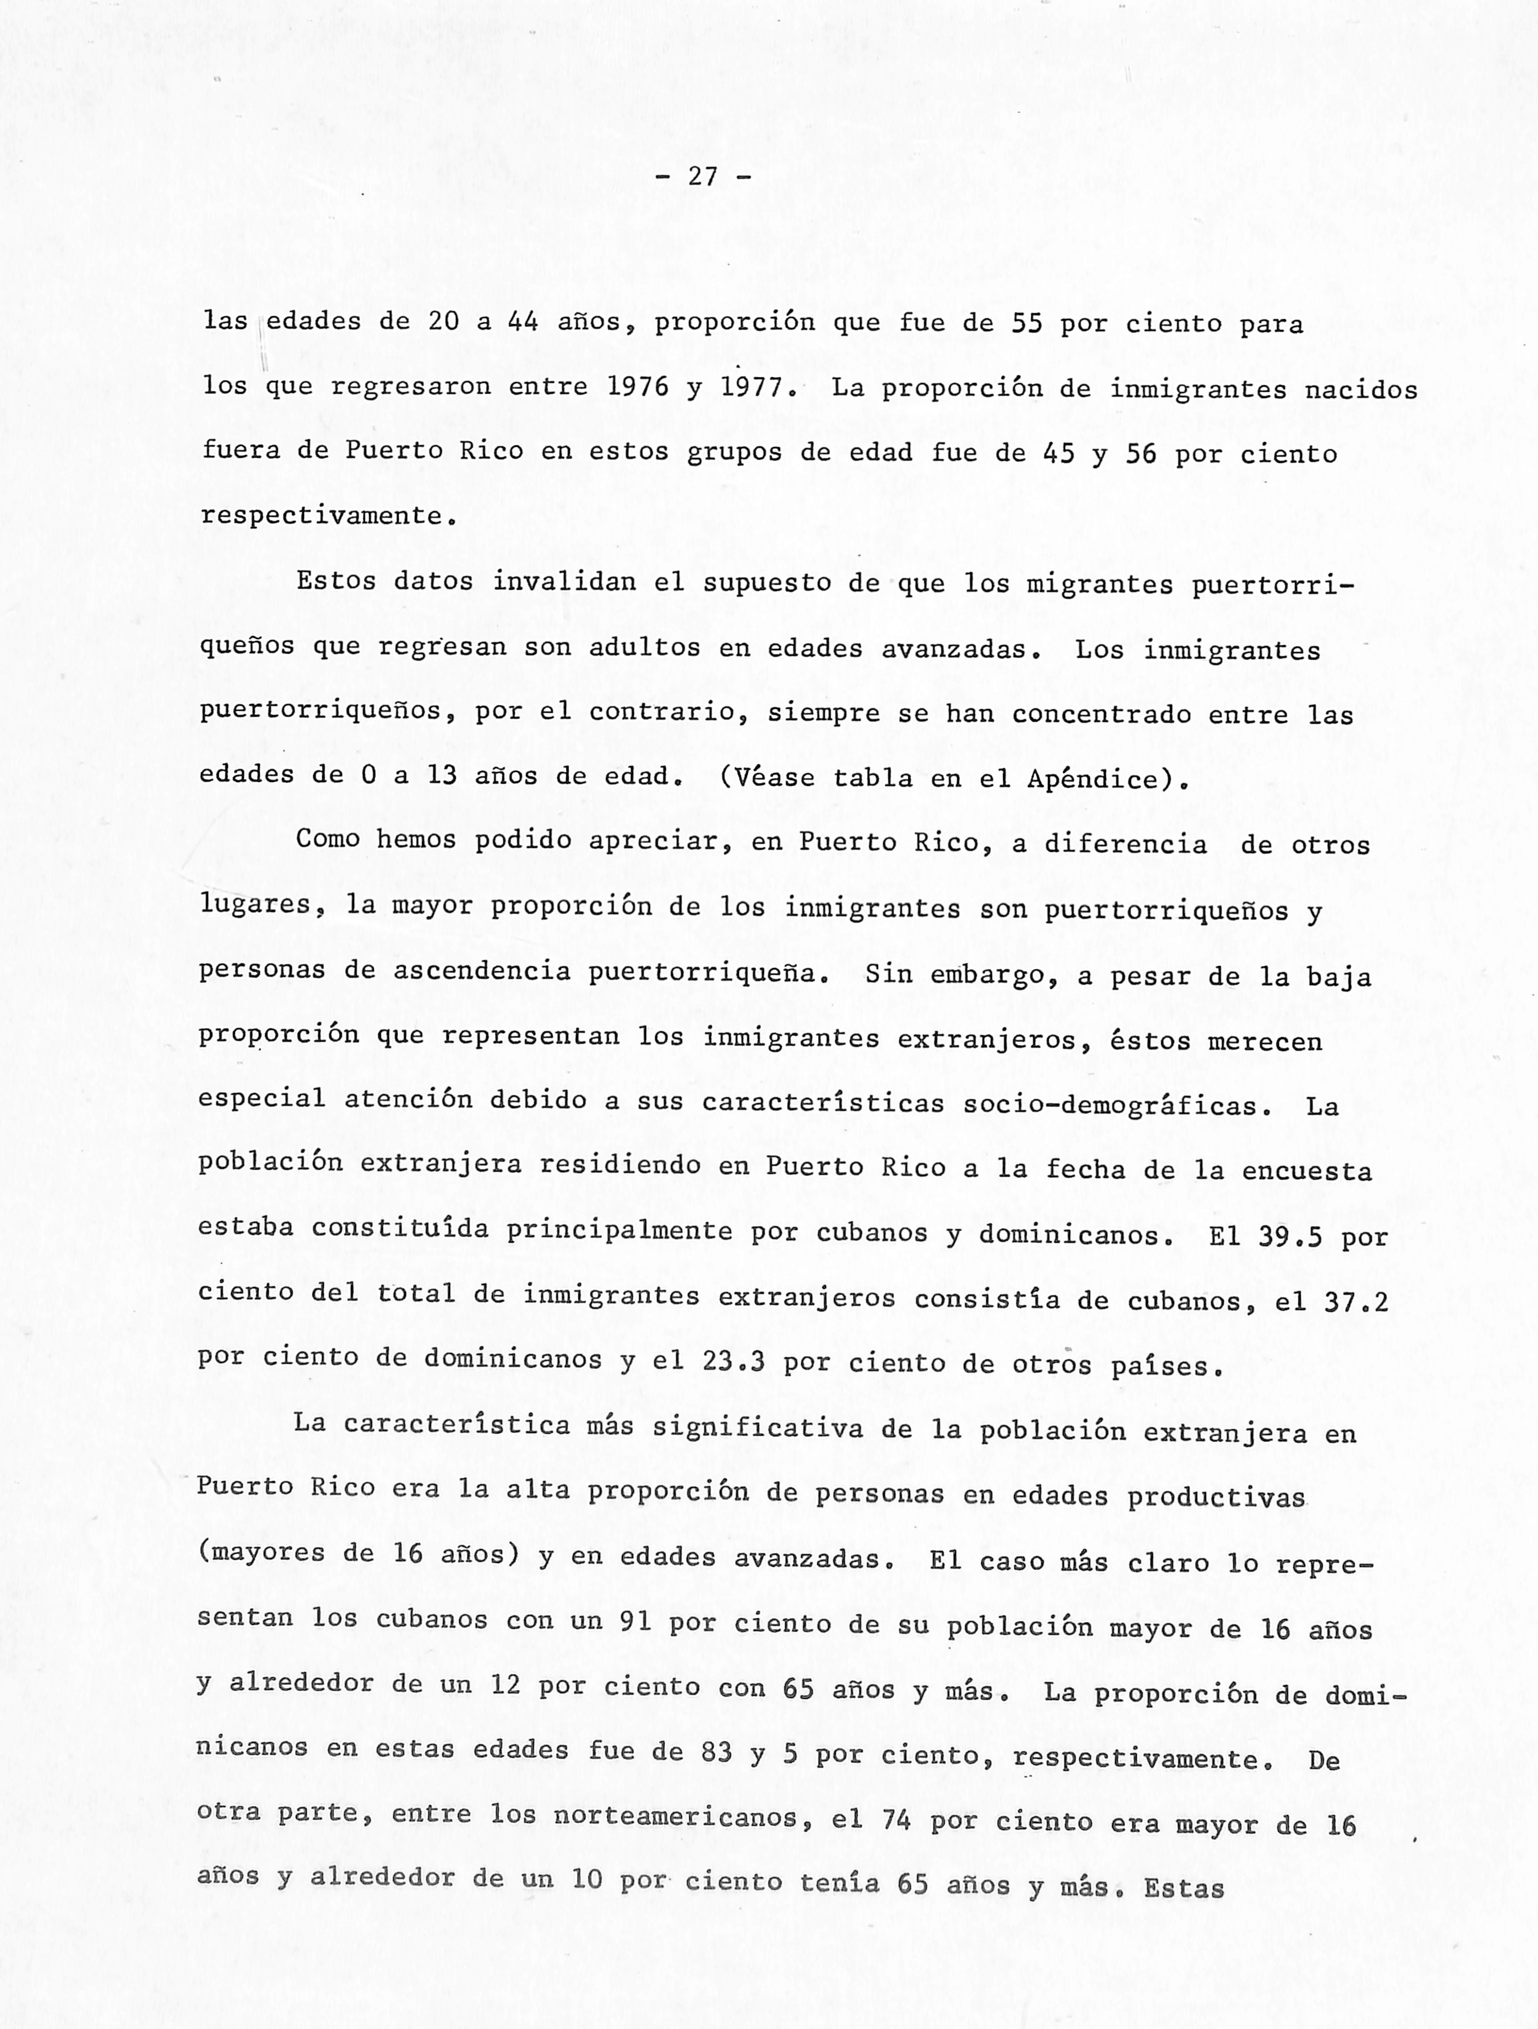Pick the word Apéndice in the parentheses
(1092, 779)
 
